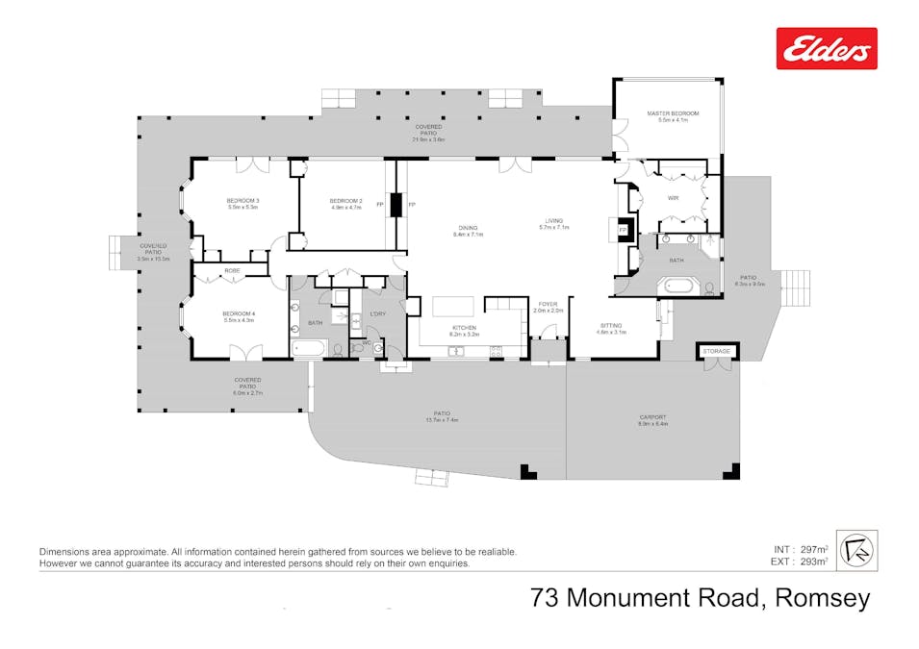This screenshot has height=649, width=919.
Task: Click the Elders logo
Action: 827,48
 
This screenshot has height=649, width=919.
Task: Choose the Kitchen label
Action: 465,328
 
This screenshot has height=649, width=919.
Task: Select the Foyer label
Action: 549,306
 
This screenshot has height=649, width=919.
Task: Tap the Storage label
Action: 717,352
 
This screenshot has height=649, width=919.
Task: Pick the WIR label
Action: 674,198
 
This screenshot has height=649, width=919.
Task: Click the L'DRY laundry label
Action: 377,314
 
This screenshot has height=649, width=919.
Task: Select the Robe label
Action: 233,271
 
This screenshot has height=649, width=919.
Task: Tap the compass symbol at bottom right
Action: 856,550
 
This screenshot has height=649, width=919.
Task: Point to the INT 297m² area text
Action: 801,549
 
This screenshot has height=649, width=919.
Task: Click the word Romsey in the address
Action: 825,598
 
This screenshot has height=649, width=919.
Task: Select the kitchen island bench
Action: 453,306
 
